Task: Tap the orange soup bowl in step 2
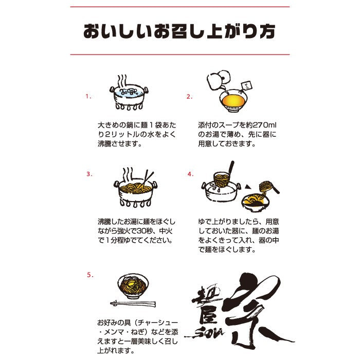233,101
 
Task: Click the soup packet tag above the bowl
247,86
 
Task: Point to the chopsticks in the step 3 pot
148,178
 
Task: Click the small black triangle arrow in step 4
247,187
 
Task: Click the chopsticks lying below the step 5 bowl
133,304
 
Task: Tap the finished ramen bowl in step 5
133,286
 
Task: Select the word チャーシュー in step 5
158,323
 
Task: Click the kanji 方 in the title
267,31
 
